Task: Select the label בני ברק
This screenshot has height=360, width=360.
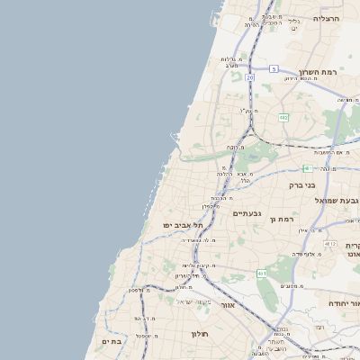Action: pyautogui.click(x=303, y=186)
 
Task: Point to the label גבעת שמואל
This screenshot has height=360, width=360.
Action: pyautogui.click(x=339, y=200)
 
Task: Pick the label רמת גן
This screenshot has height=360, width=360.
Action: pyautogui.click(x=287, y=219)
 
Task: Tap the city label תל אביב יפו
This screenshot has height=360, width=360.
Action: pyautogui.click(x=180, y=224)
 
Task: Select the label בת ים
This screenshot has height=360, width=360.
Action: pyautogui.click(x=112, y=342)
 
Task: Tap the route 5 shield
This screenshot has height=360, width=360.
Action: pyautogui.click(x=274, y=68)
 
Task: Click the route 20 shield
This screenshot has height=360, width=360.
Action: pyautogui.click(x=249, y=78)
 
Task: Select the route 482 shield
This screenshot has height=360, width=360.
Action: pyautogui.click(x=283, y=117)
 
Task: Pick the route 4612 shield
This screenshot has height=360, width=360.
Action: pyautogui.click(x=329, y=244)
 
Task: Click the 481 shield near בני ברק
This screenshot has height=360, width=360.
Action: pyautogui.click(x=308, y=168)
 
